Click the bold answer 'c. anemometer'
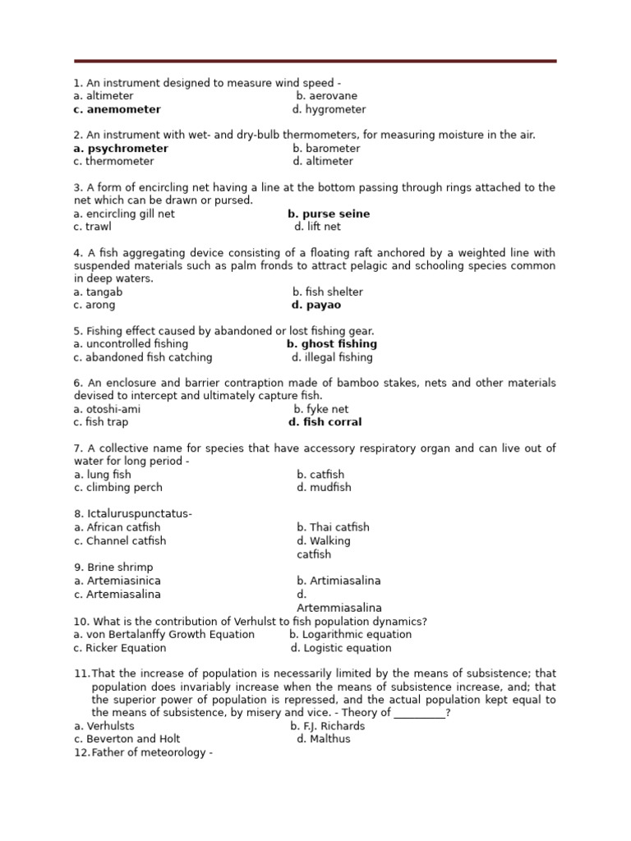tap(117, 109)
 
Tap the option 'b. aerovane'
tap(326, 96)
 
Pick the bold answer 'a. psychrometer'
tap(121, 149)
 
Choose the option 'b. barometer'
tap(326, 149)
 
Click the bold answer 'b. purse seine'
tap(329, 214)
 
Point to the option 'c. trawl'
tap(92, 227)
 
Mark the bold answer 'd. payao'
tap(316, 305)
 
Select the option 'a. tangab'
tap(98, 292)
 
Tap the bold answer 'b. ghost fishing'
tap(332, 344)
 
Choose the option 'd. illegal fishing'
tap(332, 357)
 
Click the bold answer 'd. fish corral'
tap(325, 422)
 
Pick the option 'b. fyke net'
tap(320, 409)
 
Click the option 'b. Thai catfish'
tap(333, 527)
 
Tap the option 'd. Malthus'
tap(323, 738)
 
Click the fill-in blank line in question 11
tap(419, 713)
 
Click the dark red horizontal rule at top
tap(315, 61)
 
